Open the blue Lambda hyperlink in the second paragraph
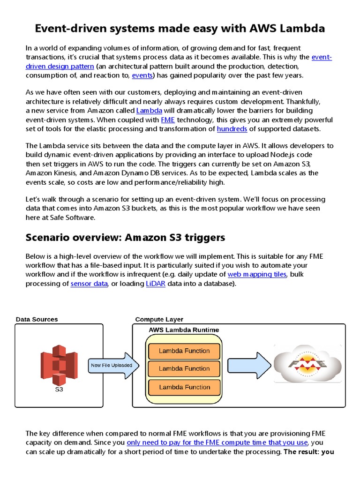click(149, 111)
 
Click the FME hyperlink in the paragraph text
click(168, 120)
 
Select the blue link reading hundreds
click(232, 128)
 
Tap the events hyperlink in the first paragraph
click(142, 75)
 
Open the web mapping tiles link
click(256, 274)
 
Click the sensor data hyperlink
click(89, 284)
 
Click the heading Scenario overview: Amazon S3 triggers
click(125, 238)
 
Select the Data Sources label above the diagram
click(37, 319)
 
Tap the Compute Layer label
click(159, 319)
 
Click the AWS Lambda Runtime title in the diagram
click(184, 330)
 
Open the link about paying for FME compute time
click(217, 442)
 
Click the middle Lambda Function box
click(184, 368)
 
